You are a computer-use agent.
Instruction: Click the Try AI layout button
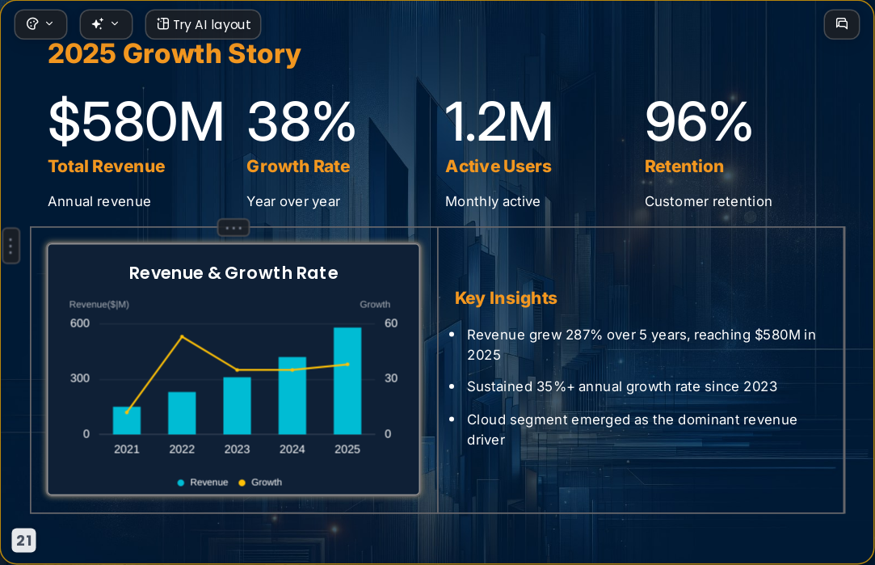coord(203,24)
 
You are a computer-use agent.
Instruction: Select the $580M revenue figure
coord(136,121)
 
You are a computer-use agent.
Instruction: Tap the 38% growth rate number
coord(301,121)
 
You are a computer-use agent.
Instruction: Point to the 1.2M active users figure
coord(498,121)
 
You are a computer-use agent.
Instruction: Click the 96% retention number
coord(698,121)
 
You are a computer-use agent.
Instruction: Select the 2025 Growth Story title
coord(174,54)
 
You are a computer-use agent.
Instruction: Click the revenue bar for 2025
coord(347,381)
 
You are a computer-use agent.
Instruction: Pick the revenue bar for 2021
coord(127,420)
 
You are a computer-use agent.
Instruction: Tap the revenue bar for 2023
coord(238,406)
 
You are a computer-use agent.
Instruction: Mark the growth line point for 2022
coord(182,336)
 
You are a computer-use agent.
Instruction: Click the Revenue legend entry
coord(203,483)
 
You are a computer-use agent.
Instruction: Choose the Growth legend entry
coord(260,483)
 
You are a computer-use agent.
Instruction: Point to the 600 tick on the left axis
coord(80,323)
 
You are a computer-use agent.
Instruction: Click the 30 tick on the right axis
coord(391,378)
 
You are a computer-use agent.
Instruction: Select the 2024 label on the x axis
coord(292,449)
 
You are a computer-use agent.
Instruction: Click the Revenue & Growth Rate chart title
coord(233,273)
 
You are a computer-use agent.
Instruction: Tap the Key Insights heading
coord(506,298)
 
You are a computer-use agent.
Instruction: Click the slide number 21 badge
coord(24,541)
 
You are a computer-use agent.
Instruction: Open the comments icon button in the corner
coord(842,24)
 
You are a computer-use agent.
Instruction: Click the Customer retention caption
coord(708,201)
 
